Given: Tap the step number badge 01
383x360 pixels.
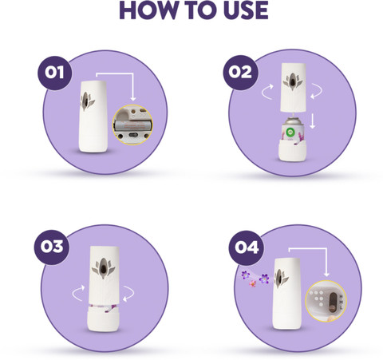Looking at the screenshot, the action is tap(54, 73).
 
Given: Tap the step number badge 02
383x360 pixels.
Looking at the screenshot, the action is tap(240, 73).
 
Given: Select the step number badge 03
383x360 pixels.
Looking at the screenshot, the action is tap(52, 247).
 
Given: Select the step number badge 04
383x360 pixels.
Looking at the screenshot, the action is tap(247, 247).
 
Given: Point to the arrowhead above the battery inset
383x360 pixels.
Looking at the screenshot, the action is tap(133, 99).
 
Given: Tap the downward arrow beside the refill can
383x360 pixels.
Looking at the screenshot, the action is tap(313, 123).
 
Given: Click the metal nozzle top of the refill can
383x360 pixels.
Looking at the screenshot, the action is tap(293, 120).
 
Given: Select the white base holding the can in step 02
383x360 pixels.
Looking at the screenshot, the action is tap(292, 151).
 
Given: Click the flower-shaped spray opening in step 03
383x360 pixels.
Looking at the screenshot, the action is tap(104, 268).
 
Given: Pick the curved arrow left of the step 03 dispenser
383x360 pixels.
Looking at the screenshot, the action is tap(78, 293).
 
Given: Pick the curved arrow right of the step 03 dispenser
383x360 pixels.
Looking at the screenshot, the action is tap(128, 294).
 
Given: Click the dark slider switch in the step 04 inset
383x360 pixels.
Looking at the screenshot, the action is tap(333, 302).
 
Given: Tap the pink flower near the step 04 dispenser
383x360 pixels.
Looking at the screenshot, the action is tap(252, 284).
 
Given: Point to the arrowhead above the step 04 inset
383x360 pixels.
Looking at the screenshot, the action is tap(326, 275).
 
